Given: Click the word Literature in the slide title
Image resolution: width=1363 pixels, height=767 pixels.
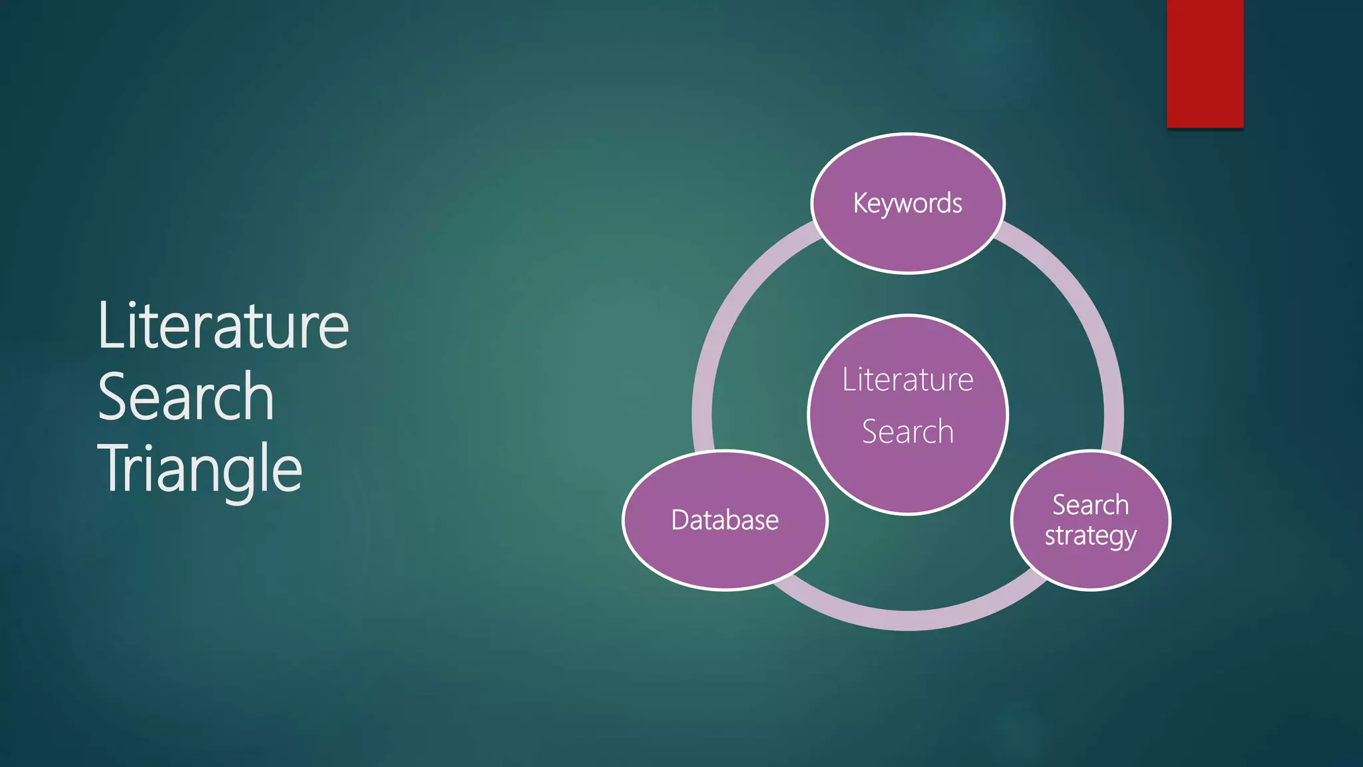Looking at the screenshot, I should point(223,326).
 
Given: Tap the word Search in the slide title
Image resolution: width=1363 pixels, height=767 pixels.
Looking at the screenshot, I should point(186,397).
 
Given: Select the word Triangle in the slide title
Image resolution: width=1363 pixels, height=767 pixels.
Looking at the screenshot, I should point(200,469).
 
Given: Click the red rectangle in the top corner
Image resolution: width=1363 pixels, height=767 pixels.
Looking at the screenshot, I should point(1205,63).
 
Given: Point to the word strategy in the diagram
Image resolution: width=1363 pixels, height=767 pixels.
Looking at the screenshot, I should point(1090,536).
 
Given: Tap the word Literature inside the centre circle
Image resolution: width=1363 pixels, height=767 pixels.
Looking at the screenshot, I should point(908,380).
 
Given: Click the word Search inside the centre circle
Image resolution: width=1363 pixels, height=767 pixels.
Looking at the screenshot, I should point(908,431).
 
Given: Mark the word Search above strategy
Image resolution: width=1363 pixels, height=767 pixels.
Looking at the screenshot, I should point(1090,505).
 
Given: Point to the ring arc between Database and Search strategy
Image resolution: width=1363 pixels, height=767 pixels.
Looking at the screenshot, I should point(908,620).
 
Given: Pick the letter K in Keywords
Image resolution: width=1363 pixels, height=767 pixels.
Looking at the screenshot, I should point(860,202).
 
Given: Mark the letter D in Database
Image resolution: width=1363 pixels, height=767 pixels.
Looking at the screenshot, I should point(680,520).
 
